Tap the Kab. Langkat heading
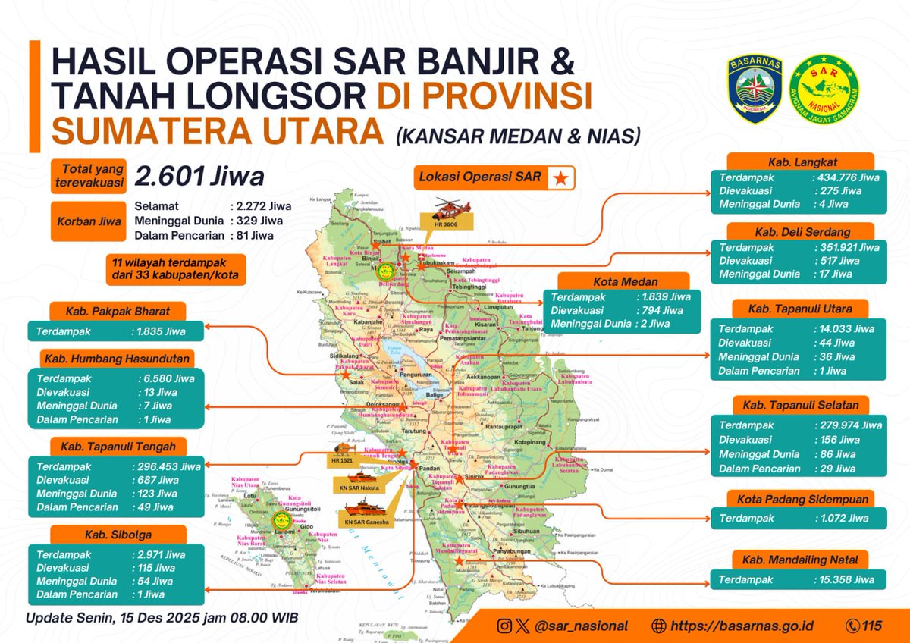click(799, 162)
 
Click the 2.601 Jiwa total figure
click(199, 177)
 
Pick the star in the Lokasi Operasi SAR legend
click(560, 178)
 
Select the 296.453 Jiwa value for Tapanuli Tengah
click(167, 467)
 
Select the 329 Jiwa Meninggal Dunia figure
click(259, 221)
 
